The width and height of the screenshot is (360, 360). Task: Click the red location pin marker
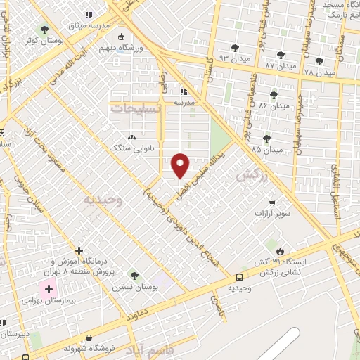point(181,165)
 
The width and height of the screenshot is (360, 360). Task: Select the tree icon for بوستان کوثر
point(45,30)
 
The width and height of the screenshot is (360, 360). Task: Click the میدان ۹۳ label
point(235,58)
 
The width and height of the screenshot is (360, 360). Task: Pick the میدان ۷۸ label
point(320,72)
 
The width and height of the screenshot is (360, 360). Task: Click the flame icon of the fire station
point(280,251)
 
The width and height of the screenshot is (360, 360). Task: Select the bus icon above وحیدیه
point(240,278)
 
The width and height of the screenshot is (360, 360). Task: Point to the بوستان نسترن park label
point(134,287)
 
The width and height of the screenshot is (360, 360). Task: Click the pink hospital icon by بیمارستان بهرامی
point(49,288)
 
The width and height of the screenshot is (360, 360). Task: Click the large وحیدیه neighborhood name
point(103,200)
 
